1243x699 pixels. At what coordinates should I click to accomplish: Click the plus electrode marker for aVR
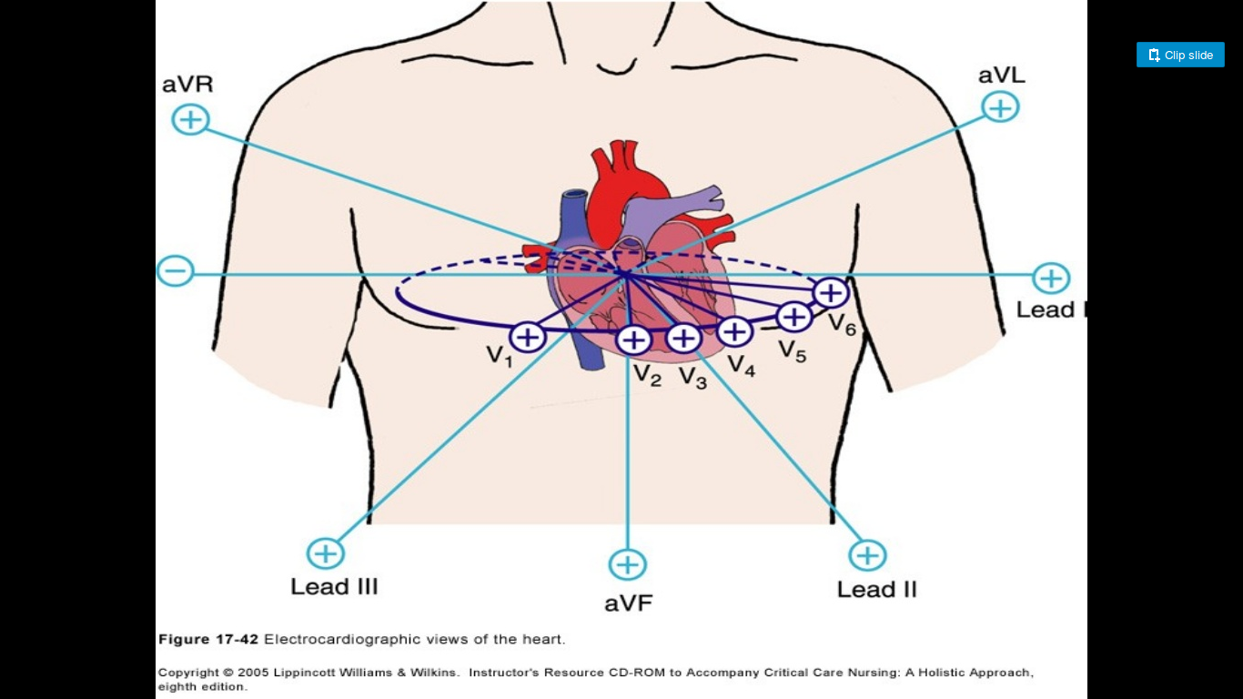pyautogui.click(x=190, y=119)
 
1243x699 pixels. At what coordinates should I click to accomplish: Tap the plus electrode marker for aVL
pyautogui.click(x=1000, y=107)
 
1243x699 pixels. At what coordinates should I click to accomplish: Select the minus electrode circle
pyautogui.click(x=175, y=270)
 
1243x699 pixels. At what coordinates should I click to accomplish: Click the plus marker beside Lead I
pyautogui.click(x=1051, y=278)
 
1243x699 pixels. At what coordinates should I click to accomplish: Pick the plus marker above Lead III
pyautogui.click(x=325, y=553)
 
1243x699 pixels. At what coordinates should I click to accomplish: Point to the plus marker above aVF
pyautogui.click(x=627, y=564)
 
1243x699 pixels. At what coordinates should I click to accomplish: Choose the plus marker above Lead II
pyautogui.click(x=867, y=555)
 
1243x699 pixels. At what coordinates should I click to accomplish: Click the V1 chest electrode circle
pyautogui.click(x=527, y=338)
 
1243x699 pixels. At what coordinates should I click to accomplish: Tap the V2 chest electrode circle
pyautogui.click(x=633, y=340)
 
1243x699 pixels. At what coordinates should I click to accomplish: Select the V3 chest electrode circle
pyautogui.click(x=683, y=339)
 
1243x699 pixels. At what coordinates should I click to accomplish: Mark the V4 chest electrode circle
pyautogui.click(x=734, y=331)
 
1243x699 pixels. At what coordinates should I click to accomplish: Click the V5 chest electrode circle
pyautogui.click(x=794, y=317)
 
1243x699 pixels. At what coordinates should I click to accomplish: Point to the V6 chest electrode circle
pyautogui.click(x=831, y=293)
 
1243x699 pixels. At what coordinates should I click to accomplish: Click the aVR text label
pyautogui.click(x=187, y=85)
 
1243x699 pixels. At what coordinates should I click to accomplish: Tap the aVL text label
pyautogui.click(x=1001, y=76)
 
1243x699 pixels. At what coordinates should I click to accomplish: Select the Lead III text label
pyautogui.click(x=334, y=587)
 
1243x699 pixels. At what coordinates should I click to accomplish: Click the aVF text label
pyautogui.click(x=628, y=603)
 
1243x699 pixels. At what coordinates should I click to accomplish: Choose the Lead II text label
pyautogui.click(x=876, y=590)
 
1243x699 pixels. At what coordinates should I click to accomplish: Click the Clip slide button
pyautogui.click(x=1180, y=55)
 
